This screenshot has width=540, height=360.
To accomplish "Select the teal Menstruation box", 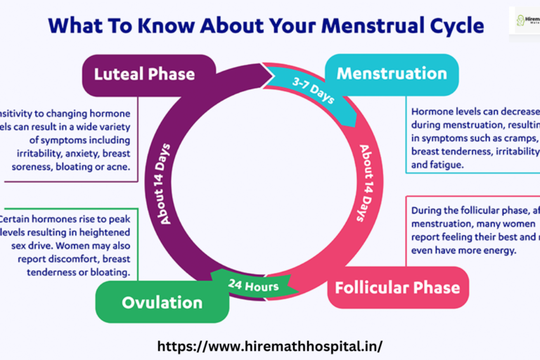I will coord(391,74).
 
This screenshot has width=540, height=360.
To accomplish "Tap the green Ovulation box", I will coord(153,302).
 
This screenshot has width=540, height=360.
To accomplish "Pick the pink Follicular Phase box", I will coord(397,287).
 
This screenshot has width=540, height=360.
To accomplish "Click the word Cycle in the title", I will coord(454,27).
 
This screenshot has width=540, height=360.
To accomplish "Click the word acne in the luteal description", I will coord(124,167).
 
